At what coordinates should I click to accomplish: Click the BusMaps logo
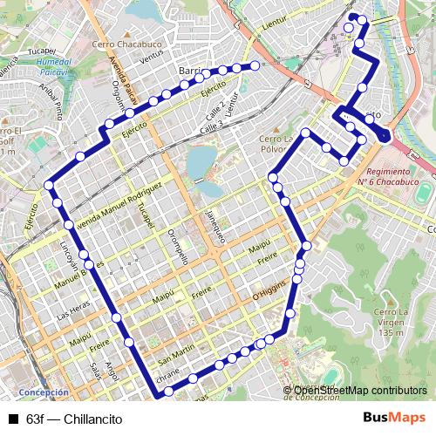coord(394,418)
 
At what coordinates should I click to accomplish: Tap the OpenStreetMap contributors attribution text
coord(360,391)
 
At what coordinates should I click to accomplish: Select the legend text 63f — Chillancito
coord(74,419)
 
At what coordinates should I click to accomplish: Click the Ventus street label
coord(151,54)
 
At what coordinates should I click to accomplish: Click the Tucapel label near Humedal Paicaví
coord(41,51)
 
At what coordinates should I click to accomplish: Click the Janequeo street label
coord(215,225)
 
